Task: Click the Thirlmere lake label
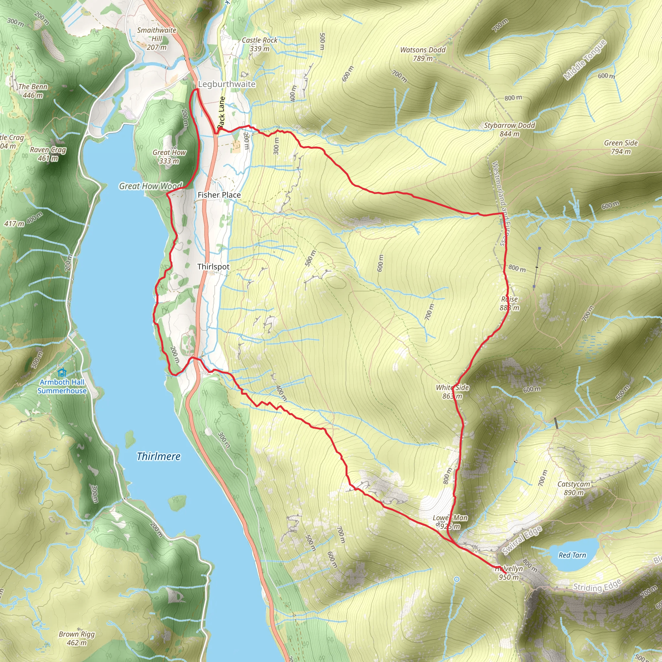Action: click(158, 456)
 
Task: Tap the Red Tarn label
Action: click(572, 555)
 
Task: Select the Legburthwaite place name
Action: click(227, 84)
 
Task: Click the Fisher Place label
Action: click(219, 195)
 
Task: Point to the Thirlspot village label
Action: click(213, 267)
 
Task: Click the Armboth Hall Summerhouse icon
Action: click(62, 372)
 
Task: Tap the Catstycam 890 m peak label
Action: click(574, 488)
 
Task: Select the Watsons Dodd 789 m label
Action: click(422, 54)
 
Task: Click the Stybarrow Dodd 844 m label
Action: click(509, 130)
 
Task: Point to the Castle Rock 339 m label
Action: click(259, 45)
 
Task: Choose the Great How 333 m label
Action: click(169, 156)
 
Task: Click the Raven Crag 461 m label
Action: click(48, 154)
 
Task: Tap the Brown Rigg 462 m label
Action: click(76, 638)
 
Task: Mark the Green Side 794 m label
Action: click(621, 147)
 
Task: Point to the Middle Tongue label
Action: click(584, 60)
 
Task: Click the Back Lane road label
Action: click(222, 112)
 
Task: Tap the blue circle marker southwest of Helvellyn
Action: click(456, 579)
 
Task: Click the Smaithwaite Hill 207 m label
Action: click(156, 39)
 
